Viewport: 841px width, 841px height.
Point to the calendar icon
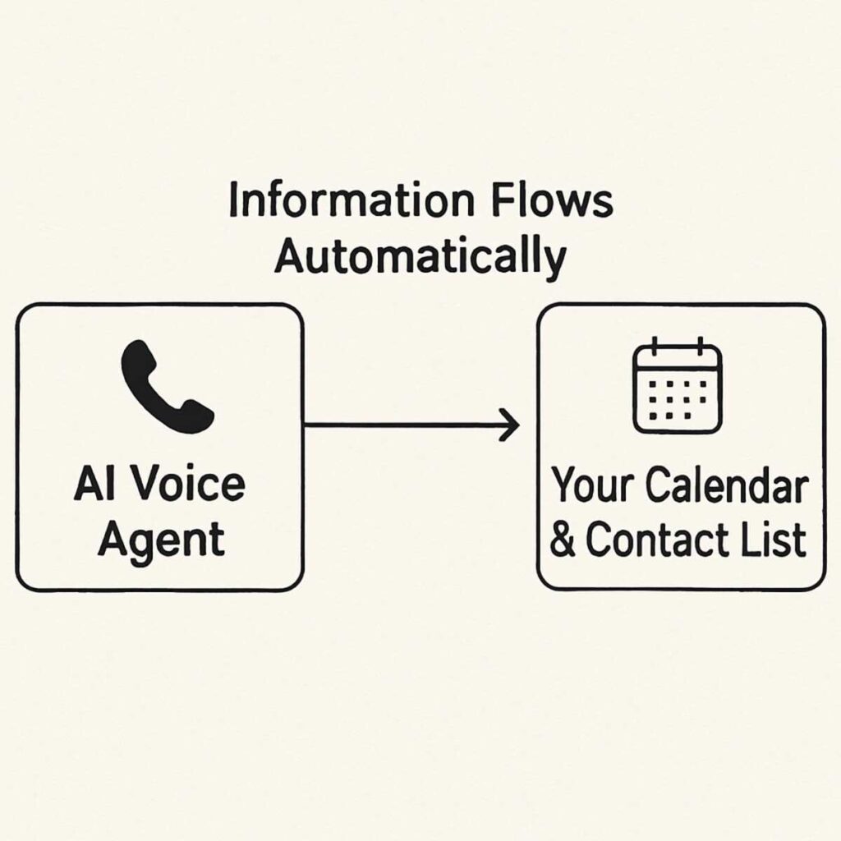[x=677, y=386]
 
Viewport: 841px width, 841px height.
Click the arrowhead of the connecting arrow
[x=511, y=425]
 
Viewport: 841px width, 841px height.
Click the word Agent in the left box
[x=160, y=541]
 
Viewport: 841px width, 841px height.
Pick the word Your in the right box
[x=592, y=486]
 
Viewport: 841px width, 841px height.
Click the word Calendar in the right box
[x=726, y=486]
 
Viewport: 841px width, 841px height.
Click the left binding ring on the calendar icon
[x=655, y=346]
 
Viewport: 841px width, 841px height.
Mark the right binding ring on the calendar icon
[x=700, y=346]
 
